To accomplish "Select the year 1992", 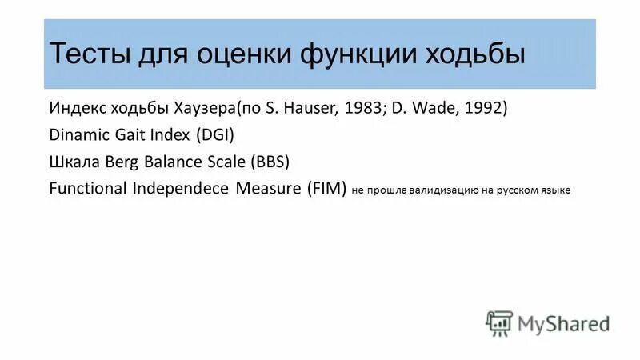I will (x=482, y=108).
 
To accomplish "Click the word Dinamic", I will (x=78, y=134).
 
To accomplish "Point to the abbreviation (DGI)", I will (x=214, y=134).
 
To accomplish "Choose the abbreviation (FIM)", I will (x=322, y=189).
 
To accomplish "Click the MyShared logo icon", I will (x=498, y=322).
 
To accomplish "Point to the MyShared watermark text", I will (x=563, y=323).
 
